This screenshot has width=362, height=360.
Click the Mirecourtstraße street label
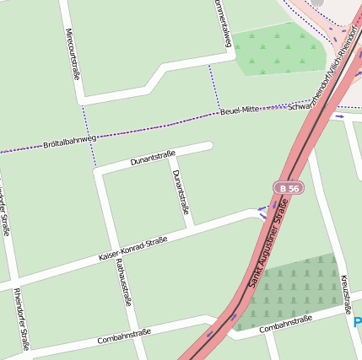tap(73, 54)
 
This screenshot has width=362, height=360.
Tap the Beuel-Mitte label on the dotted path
tap(240, 110)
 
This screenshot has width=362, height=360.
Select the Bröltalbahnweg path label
tap(69, 141)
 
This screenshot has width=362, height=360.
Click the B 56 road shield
tap(288, 188)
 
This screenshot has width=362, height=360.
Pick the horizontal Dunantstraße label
tap(153, 158)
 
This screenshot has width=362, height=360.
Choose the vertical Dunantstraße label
tap(180, 191)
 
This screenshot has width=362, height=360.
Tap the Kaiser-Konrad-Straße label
tap(132, 248)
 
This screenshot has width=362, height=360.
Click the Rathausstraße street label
tap(123, 282)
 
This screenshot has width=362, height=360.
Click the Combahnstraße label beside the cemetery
tap(286, 324)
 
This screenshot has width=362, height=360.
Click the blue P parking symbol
tap(357, 323)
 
